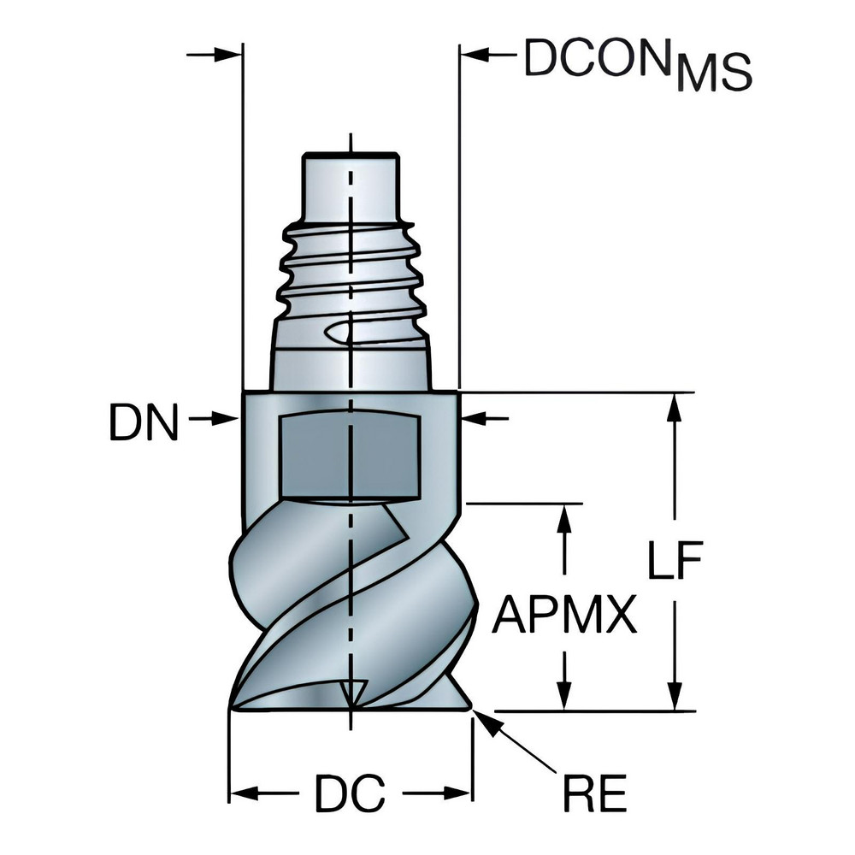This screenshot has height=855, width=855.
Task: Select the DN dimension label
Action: click(x=144, y=422)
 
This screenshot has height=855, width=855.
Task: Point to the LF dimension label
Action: click(x=673, y=565)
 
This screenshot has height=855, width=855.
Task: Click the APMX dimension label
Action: click(x=564, y=614)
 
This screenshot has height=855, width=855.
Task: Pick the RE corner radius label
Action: click(x=594, y=793)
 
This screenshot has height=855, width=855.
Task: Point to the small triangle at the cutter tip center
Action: click(x=351, y=692)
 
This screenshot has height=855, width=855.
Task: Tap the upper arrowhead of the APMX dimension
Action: click(x=563, y=516)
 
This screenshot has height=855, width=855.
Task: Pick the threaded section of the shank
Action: click(x=351, y=265)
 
